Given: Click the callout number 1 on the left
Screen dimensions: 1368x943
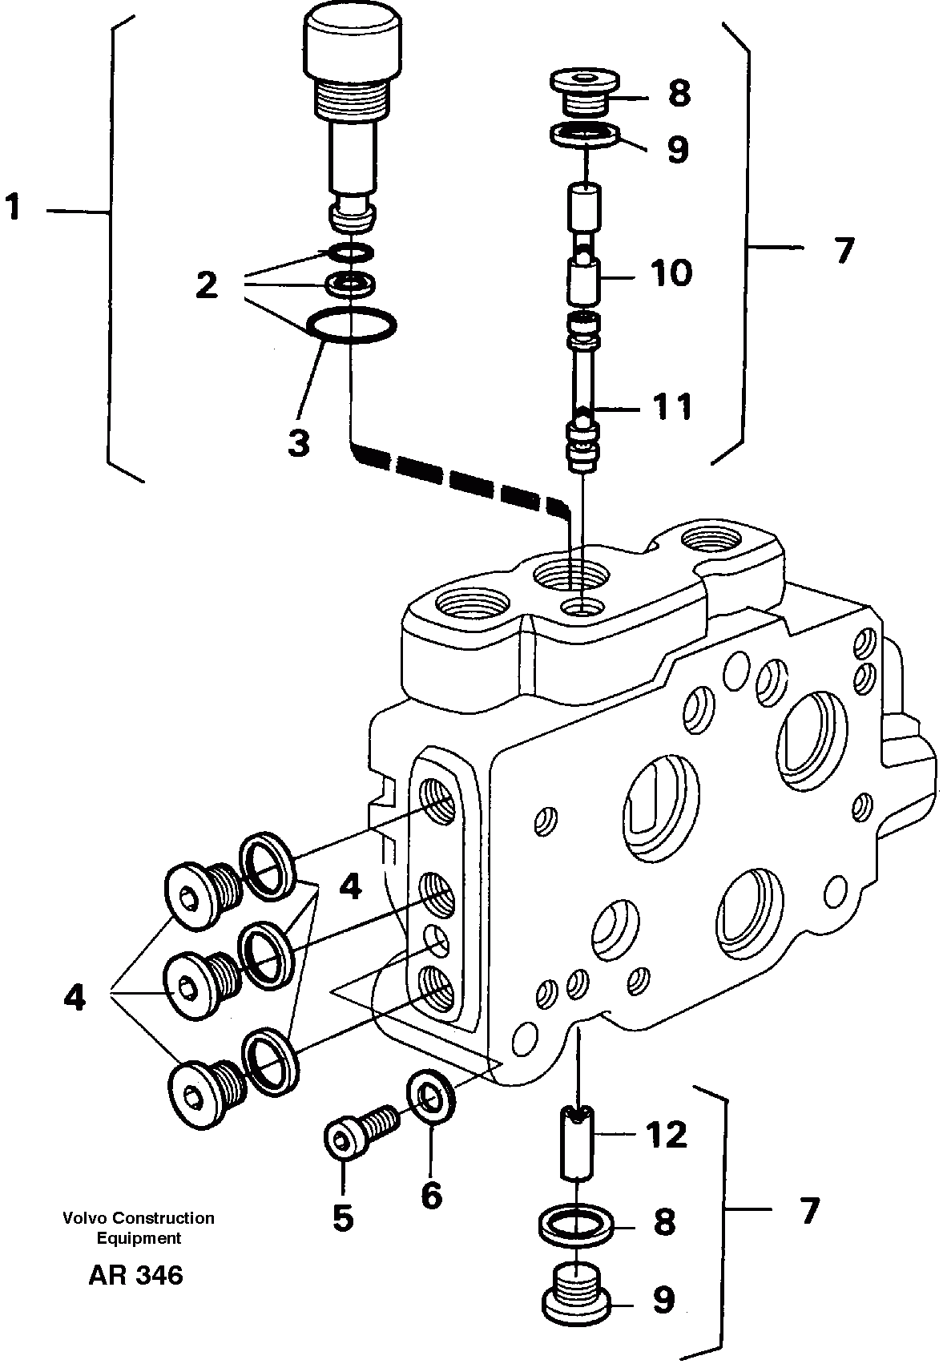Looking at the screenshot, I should click(14, 208).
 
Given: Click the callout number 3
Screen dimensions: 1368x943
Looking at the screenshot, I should click(298, 442).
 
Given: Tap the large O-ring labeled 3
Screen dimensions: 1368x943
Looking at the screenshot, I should click(351, 325).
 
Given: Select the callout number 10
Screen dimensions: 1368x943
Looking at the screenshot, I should click(671, 273).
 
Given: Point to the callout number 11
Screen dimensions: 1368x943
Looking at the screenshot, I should click(671, 407).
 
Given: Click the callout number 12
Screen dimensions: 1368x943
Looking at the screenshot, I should click(667, 1135).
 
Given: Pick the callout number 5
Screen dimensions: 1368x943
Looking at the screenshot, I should click(342, 1218).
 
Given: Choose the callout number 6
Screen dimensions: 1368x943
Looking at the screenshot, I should click(431, 1196).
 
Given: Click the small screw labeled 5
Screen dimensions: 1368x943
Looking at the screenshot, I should click(360, 1128).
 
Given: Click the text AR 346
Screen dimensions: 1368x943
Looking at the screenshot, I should click(135, 1274).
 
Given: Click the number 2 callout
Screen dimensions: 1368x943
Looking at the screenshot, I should click(207, 285).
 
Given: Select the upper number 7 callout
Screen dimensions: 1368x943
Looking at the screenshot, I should click(843, 252).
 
